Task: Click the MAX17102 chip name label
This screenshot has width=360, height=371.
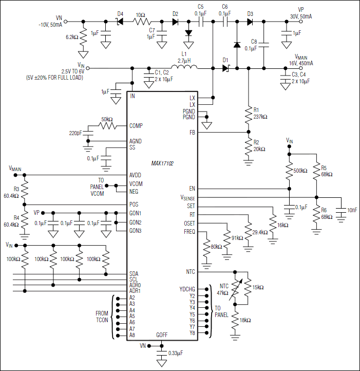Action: pos(162,163)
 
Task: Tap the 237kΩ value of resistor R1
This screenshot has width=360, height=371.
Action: pos(260,117)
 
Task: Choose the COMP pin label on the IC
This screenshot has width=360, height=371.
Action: pos(136,125)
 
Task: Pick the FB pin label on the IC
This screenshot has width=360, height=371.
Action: pos(192,133)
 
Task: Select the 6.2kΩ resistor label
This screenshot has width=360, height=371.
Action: pos(72,38)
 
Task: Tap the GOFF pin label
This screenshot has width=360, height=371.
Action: pos(162,335)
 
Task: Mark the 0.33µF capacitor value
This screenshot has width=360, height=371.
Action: pos(176,354)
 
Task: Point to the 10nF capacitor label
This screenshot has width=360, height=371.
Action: pos(351,210)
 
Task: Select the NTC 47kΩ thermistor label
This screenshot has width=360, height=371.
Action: pos(222,289)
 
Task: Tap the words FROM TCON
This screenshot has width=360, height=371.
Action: pos(102,316)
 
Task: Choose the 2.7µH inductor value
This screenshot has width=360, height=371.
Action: pos(184,60)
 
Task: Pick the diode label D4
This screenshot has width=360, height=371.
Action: pos(120,13)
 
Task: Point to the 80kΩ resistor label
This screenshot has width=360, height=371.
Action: pos(215,247)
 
